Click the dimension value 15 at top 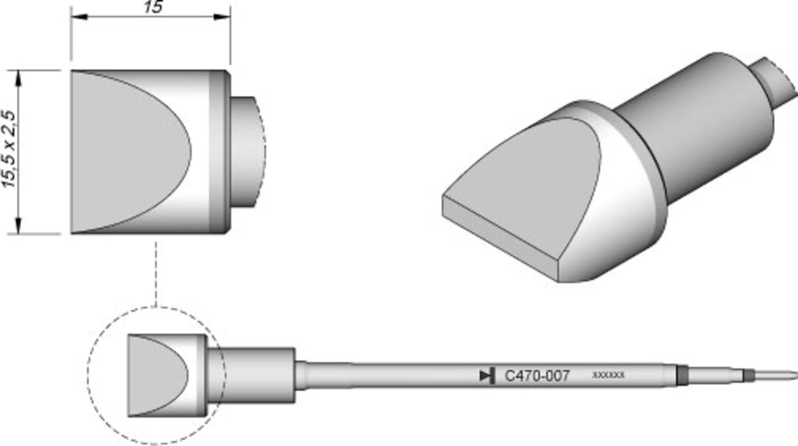pyautogui.click(x=153, y=7)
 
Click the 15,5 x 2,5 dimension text pyautogui.click(x=11, y=150)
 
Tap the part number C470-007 pyautogui.click(x=537, y=376)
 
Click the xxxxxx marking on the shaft pyautogui.click(x=608, y=375)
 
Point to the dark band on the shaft pyautogui.click(x=681, y=375)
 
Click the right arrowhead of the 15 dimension pyautogui.click(x=223, y=17)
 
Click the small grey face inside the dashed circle pyautogui.click(x=154, y=376)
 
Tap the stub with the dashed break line pyautogui.click(x=246, y=152)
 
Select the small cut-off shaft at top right pyautogui.click(x=774, y=80)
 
